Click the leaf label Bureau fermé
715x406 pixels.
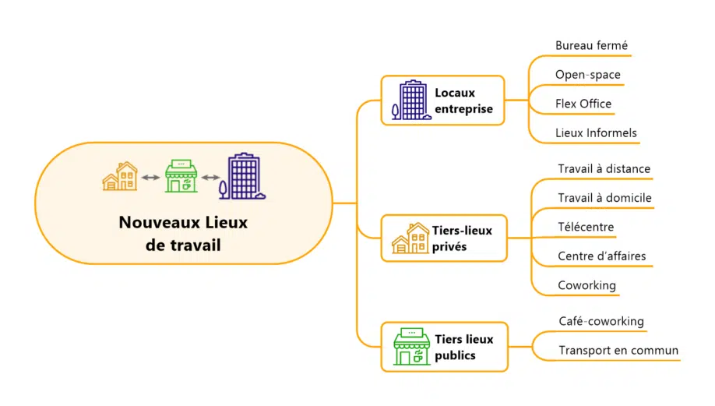pos(591,46)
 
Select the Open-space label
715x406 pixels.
pos(588,75)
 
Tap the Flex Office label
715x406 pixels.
pos(583,104)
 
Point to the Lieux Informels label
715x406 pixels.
pos(596,132)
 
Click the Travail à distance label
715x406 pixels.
pos(604,169)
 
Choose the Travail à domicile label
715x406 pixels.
pos(604,198)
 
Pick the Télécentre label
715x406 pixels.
pos(586,228)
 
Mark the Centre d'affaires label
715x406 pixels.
pos(601,256)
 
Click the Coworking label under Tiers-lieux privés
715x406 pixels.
pos(586,285)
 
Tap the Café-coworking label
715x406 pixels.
pos(601,321)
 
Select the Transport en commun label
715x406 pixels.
pos(618,351)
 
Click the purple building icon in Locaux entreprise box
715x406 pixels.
pos(411,101)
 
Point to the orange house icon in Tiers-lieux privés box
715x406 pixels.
pos(410,238)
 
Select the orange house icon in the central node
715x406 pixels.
pos(121,176)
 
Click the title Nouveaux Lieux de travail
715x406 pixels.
pos(183,233)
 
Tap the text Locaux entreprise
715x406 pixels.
pos(463,101)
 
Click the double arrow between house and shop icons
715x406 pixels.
pos(150,178)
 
